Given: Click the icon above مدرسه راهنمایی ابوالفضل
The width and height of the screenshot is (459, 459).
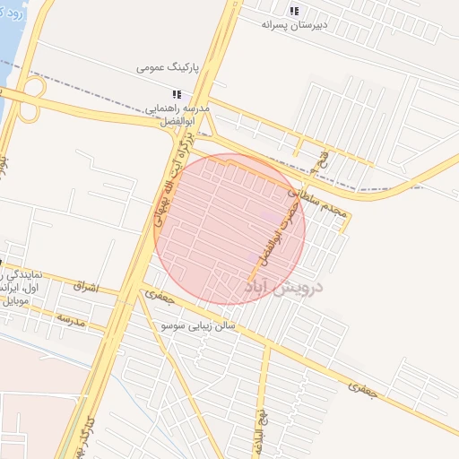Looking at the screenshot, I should (178, 93).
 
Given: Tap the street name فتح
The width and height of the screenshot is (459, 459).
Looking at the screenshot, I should (324, 164).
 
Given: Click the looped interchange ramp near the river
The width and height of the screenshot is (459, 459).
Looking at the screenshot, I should (32, 99).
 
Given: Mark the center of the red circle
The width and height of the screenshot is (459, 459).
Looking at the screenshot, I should (229, 229).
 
